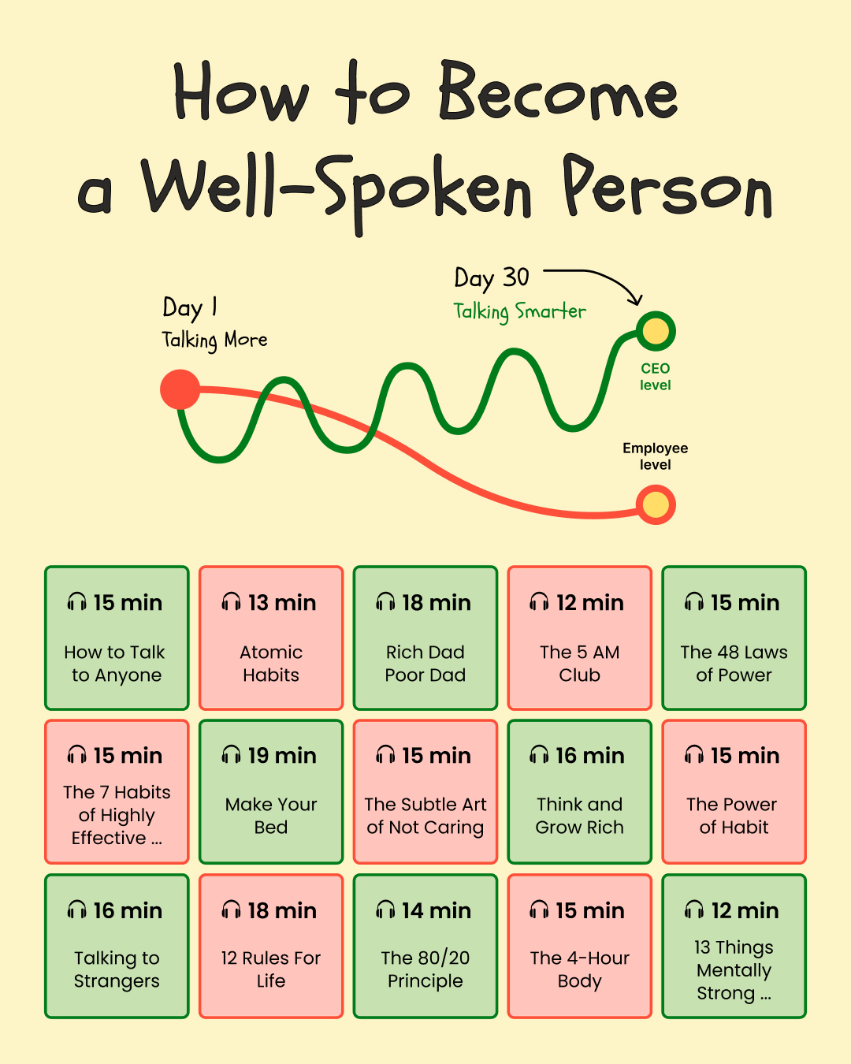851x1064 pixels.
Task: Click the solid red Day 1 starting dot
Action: click(x=180, y=389)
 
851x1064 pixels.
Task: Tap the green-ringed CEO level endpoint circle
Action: click(x=656, y=331)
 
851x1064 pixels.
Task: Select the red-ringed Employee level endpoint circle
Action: click(x=656, y=504)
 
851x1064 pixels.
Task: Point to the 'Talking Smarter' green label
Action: click(x=520, y=311)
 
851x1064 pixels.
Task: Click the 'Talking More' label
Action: click(x=214, y=340)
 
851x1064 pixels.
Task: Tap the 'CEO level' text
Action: click(x=655, y=376)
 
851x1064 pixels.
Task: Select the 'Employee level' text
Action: click(x=655, y=456)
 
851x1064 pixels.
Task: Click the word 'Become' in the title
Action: click(x=558, y=91)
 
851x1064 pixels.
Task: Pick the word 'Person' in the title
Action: click(x=667, y=187)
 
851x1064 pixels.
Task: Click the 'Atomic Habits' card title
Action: click(x=271, y=664)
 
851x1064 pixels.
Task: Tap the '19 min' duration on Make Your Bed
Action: click(x=282, y=756)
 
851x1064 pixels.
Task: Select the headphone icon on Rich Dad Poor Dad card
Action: click(x=385, y=601)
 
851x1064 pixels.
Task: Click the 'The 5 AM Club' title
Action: click(x=579, y=664)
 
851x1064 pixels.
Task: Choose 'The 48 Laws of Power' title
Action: click(x=734, y=664)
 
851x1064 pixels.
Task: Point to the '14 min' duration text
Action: click(x=436, y=911)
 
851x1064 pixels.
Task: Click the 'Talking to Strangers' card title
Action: click(x=117, y=969)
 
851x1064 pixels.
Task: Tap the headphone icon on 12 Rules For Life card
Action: click(x=231, y=910)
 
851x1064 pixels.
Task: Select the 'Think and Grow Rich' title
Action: click(x=579, y=816)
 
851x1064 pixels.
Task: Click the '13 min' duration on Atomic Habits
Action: click(x=282, y=603)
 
